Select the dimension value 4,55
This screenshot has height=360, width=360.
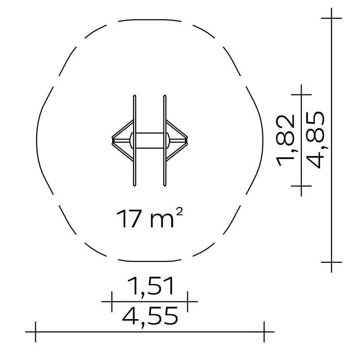(x=150, y=317)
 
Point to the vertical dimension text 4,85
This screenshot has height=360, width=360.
(x=317, y=140)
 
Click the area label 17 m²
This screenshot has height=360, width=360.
(x=149, y=218)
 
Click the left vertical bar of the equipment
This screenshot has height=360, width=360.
(x=134, y=140)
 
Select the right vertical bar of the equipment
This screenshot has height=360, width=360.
(x=164, y=140)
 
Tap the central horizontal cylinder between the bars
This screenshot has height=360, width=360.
(x=150, y=140)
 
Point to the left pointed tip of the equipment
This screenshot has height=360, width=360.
(x=112, y=140)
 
